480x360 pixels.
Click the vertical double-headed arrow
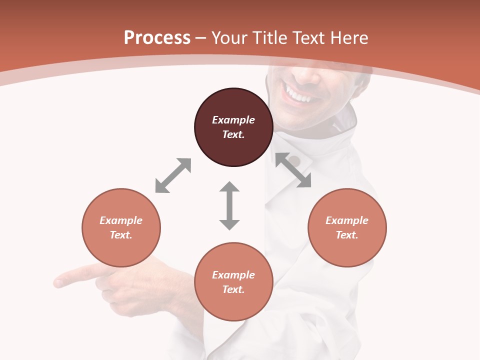click(229, 205)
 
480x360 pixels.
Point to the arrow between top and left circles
click(173, 175)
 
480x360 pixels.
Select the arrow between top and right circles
click(293, 170)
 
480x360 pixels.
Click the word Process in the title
click(157, 37)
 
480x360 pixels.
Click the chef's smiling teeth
click(297, 94)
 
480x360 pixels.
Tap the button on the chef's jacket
click(294, 161)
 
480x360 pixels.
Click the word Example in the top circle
click(233, 120)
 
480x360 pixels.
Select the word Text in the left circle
click(121, 235)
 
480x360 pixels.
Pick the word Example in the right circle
click(347, 220)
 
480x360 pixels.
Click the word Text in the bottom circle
click(233, 289)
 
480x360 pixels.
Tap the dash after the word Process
click(201, 37)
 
